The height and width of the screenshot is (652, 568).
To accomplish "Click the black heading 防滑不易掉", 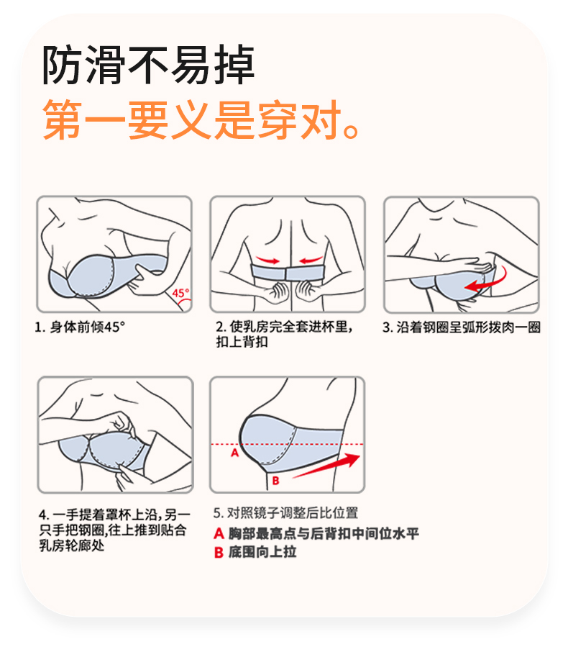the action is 148,65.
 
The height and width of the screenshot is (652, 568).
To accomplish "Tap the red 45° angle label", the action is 180,293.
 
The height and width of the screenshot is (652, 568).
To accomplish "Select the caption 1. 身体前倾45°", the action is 80,327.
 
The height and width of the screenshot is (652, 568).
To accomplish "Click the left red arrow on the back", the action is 268,261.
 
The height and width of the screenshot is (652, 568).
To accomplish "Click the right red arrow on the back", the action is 311,261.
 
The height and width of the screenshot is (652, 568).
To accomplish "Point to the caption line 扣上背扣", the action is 242,342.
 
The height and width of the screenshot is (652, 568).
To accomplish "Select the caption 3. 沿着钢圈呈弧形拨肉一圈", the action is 461,327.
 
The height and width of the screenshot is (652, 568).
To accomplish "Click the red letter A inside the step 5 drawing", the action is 235,453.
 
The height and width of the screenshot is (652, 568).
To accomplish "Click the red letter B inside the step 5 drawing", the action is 275,481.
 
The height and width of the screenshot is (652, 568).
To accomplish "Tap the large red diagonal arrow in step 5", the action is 326,466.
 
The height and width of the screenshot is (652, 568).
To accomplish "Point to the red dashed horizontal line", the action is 287,445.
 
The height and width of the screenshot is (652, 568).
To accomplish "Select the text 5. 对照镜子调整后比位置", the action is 286,513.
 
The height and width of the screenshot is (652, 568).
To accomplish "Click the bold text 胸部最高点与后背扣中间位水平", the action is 324,533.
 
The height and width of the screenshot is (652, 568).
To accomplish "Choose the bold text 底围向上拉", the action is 262,552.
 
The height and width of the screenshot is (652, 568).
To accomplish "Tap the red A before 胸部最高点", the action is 219,533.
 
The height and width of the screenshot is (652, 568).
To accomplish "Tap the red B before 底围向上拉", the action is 219,553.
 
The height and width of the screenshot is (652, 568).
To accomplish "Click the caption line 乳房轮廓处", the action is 71,545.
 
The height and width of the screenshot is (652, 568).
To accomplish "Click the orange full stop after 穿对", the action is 352,130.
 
